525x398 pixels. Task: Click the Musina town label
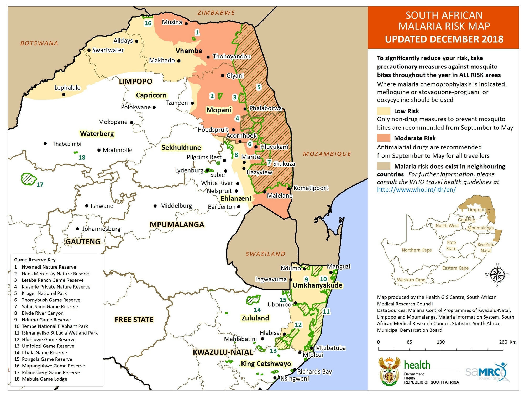172,22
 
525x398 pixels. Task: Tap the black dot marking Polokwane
154,107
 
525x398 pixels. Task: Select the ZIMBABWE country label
216,13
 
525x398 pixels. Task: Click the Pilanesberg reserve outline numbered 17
28,179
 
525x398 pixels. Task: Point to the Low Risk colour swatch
384,111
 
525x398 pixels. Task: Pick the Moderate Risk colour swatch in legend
384,138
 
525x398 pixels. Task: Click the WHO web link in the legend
416,189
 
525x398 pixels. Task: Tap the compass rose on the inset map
497,275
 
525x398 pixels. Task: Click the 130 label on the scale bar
440,342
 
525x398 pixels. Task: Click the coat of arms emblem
389,371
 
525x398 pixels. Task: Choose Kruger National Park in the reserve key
44,293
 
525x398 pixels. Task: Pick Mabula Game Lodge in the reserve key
44,379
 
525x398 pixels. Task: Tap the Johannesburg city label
101,229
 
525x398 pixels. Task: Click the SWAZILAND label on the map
265,254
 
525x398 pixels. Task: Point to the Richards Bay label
314,371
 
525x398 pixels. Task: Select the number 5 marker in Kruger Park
259,87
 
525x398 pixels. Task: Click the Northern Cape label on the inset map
417,250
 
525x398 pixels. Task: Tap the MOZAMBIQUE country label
327,154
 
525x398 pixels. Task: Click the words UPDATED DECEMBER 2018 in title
444,39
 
